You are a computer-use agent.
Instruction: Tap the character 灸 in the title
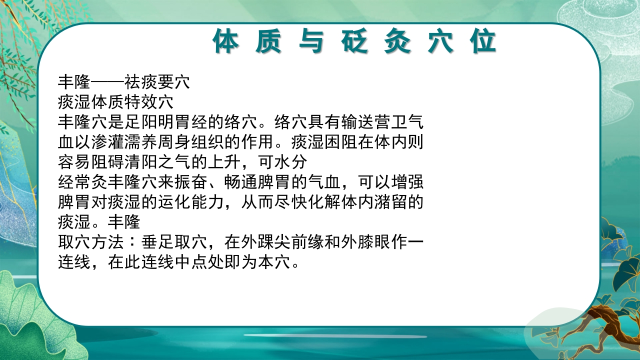point(398,41)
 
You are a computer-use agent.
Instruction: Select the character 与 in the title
point(312,41)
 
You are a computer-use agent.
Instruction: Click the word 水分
point(294,162)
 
